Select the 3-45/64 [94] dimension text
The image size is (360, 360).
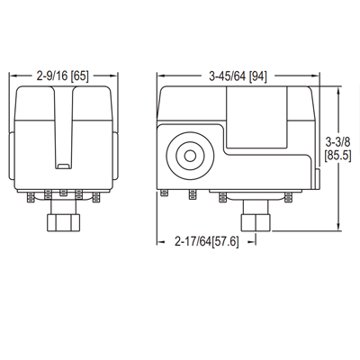[x=236, y=76]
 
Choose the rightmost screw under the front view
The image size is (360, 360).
[x=100, y=193]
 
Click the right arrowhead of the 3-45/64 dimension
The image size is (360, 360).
[x=319, y=76]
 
